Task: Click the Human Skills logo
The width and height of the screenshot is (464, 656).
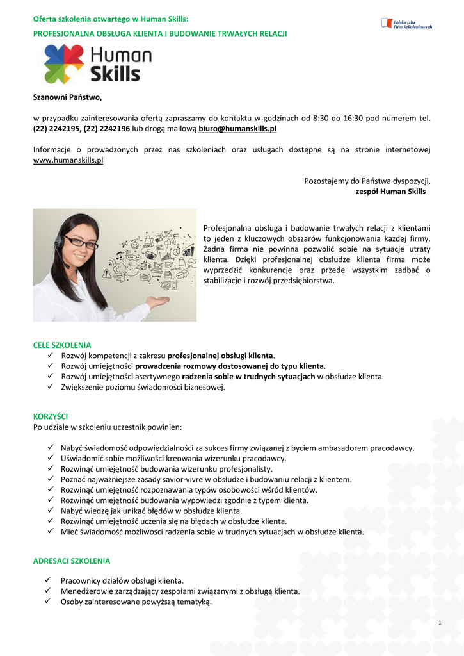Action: pos(97,64)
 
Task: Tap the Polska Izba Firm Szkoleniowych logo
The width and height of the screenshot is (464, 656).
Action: pos(406,24)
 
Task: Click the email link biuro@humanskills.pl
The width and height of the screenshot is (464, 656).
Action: pos(237,129)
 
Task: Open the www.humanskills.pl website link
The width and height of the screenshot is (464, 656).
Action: pos(68,160)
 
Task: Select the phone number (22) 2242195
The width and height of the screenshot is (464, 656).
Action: pos(56,129)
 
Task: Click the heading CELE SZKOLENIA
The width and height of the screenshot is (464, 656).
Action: pos(62,345)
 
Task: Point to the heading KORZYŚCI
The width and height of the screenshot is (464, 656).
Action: pos(50,416)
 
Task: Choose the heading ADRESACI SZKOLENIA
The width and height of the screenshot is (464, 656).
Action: pos(71,561)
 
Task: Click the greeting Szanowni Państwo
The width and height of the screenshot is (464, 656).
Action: pos(67,97)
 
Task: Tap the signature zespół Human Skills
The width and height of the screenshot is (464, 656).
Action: pos(390,191)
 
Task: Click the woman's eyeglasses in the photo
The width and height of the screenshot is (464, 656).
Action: pos(81,243)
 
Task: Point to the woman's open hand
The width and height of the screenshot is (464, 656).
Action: pos(157,300)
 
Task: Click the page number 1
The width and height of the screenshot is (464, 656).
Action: pos(440,623)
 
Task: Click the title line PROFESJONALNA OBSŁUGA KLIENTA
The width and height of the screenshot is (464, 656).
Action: pos(160,33)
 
